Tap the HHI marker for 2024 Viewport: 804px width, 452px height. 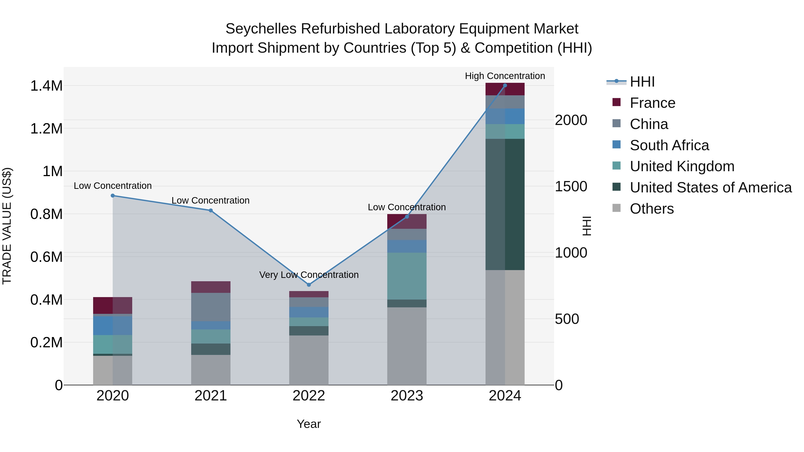click(505, 85)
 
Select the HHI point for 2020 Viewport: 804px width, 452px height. click(113, 196)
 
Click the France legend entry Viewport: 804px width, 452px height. click(652, 103)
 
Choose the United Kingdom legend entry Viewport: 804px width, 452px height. click(682, 166)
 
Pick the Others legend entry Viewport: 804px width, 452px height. click(652, 209)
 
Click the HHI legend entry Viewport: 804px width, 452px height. click(642, 82)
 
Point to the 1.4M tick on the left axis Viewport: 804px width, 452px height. click(46, 86)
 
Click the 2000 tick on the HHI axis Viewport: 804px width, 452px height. click(571, 120)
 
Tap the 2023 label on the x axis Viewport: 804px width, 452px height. click(407, 396)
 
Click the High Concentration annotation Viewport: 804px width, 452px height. click(505, 76)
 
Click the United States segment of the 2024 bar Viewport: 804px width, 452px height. click(505, 204)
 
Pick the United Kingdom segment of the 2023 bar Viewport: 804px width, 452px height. click(407, 276)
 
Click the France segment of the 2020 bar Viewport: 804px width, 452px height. click(113, 305)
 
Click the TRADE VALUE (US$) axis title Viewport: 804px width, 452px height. click(7, 226)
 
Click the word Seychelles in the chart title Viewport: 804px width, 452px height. click(261, 29)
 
